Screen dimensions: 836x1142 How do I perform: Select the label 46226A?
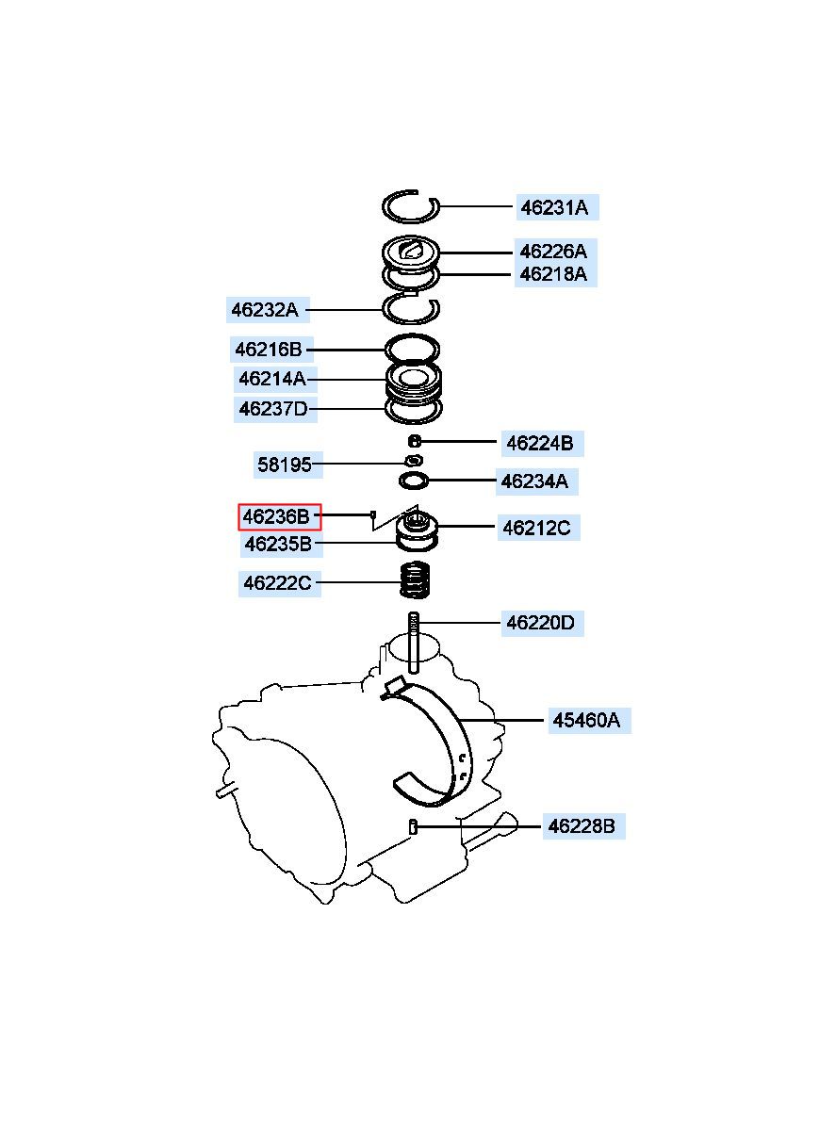pyautogui.click(x=554, y=252)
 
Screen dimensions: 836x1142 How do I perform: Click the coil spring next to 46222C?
pyautogui.click(x=414, y=579)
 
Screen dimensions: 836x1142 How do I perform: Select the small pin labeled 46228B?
pyautogui.click(x=413, y=826)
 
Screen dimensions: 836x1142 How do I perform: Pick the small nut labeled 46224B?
pyautogui.click(x=416, y=440)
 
